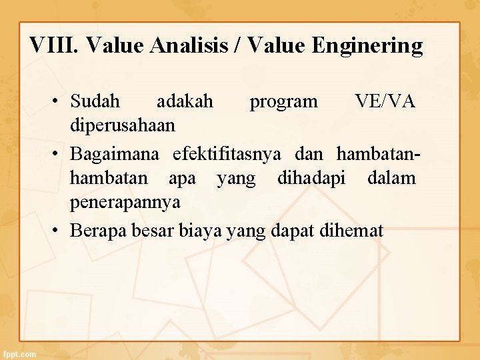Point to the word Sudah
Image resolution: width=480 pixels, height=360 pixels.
(x=95, y=101)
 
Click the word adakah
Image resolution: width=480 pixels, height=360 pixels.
(x=185, y=101)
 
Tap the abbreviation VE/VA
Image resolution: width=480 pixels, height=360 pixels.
(x=385, y=101)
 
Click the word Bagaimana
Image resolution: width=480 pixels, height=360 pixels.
(x=115, y=155)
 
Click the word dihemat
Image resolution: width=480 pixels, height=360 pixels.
(x=351, y=231)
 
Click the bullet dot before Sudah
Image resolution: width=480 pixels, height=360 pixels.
(x=58, y=102)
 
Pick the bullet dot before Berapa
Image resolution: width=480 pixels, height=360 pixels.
(x=58, y=232)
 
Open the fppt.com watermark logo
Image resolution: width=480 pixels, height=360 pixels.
(x=19, y=354)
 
